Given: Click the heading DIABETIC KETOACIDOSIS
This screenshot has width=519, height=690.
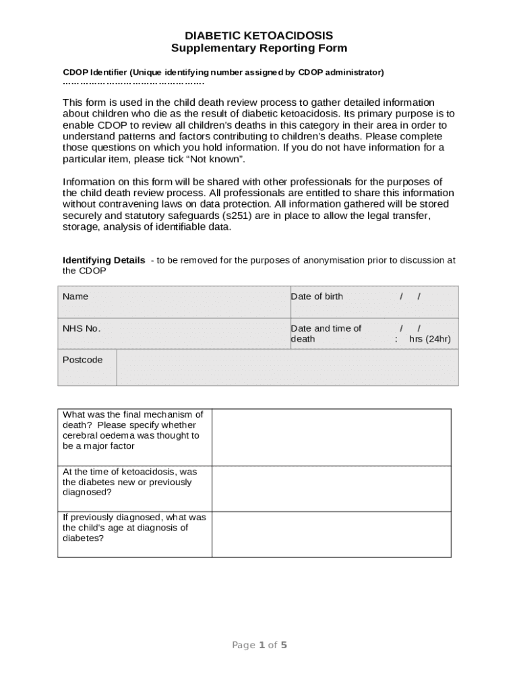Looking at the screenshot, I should pyautogui.click(x=259, y=35).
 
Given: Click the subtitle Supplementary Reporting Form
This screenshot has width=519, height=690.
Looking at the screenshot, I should pyautogui.click(x=259, y=48).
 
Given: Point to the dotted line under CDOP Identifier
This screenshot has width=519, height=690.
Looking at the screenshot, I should pyautogui.click(x=133, y=83).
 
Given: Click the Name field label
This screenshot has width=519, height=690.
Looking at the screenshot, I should pyautogui.click(x=75, y=296).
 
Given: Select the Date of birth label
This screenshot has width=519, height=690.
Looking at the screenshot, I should pyautogui.click(x=317, y=296).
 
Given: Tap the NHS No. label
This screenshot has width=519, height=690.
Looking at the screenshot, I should pyautogui.click(x=82, y=328).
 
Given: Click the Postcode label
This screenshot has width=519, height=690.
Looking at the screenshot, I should pyautogui.click(x=83, y=360).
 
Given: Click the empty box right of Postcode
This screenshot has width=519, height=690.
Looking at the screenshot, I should pyautogui.click(x=286, y=367).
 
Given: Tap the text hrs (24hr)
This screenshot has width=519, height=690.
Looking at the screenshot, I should pyautogui.click(x=430, y=339).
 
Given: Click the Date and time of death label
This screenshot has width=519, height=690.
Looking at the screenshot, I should pyautogui.click(x=326, y=334).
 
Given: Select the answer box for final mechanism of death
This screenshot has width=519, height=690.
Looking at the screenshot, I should pyautogui.click(x=331, y=437).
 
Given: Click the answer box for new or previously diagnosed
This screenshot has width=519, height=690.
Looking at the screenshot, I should pyautogui.click(x=331, y=489).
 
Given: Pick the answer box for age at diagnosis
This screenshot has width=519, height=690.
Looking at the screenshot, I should pyautogui.click(x=331, y=534).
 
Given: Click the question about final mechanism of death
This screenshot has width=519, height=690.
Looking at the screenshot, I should pyautogui.click(x=133, y=430).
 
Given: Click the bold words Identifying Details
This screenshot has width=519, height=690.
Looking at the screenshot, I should pyautogui.click(x=104, y=260).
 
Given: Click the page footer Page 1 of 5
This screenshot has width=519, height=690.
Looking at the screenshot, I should pyautogui.click(x=259, y=645).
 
